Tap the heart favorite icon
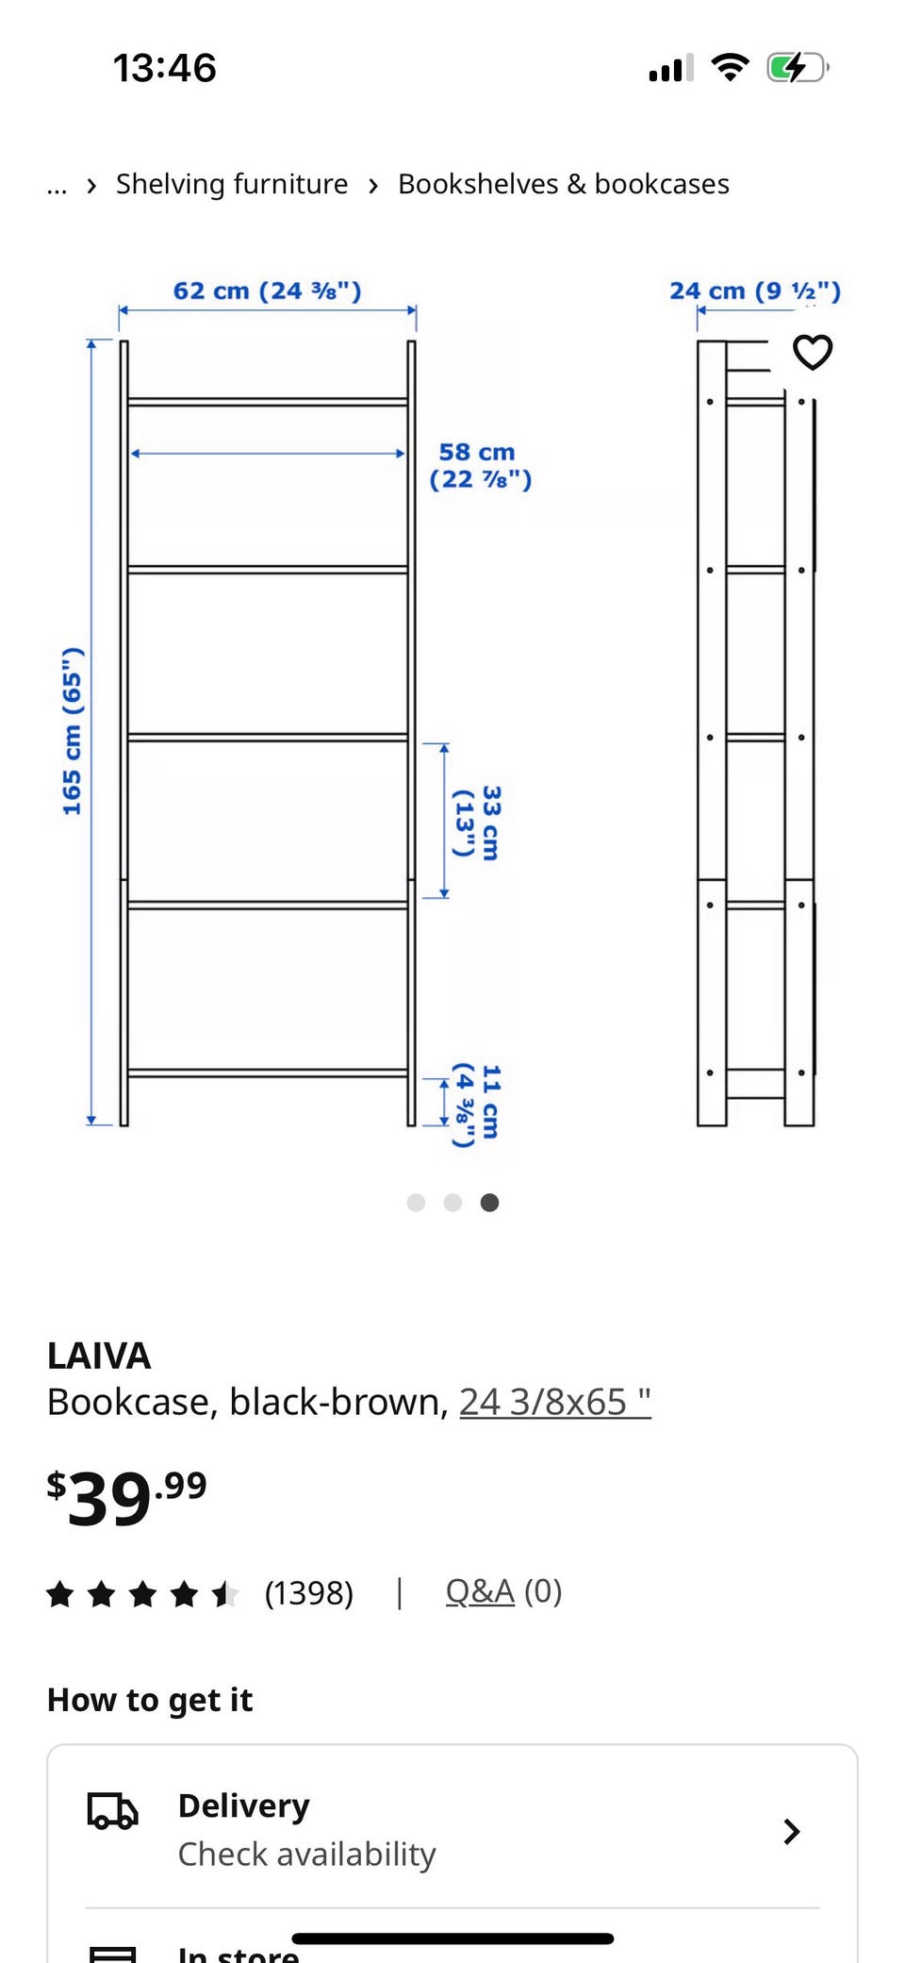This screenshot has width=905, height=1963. tap(813, 353)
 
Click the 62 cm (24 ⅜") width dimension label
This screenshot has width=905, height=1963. tap(267, 291)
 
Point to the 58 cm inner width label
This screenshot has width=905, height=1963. tap(480, 466)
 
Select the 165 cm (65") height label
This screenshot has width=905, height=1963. tap(73, 731)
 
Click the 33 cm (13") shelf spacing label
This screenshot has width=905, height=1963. tap(477, 823)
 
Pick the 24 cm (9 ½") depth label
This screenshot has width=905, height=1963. tap(755, 291)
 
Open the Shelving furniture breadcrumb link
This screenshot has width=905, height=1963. tap(232, 184)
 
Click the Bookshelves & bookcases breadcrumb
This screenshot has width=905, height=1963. tap(564, 184)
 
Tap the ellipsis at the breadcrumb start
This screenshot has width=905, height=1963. tap(57, 187)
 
